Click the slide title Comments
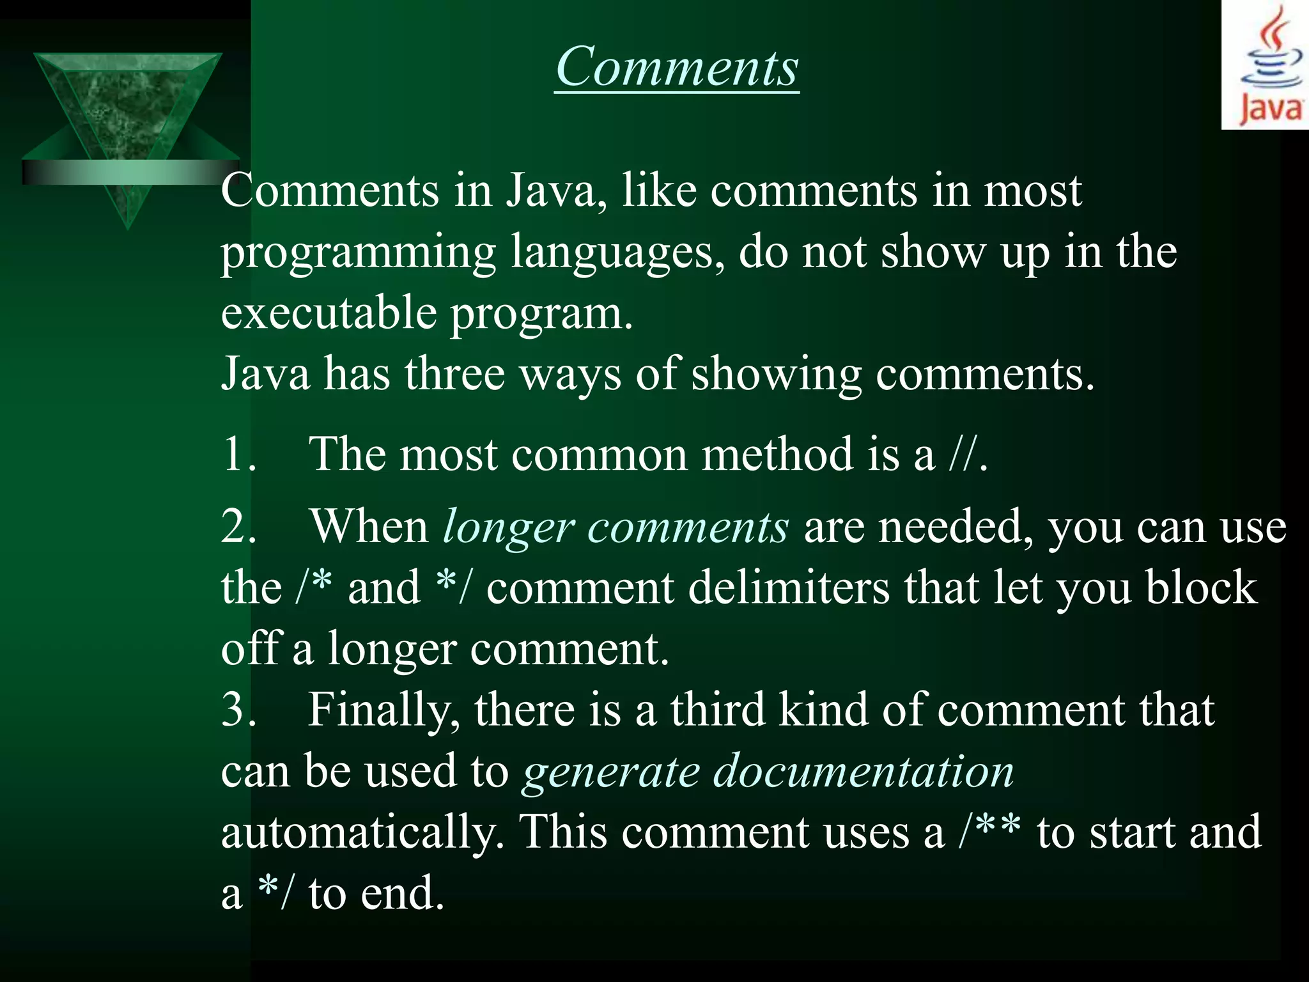(x=677, y=67)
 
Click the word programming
(x=358, y=253)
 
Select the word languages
(x=617, y=253)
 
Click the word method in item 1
(x=777, y=454)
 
